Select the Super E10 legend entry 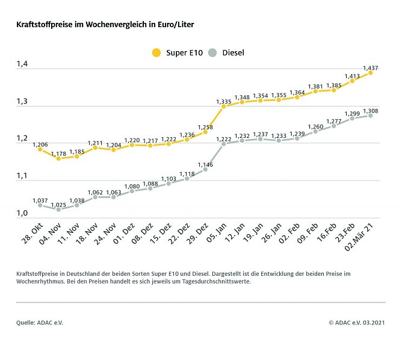178,53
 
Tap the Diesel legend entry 226,53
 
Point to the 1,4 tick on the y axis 22,64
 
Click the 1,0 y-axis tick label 22,213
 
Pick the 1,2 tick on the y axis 22,138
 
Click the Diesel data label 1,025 58,205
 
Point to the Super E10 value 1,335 224,101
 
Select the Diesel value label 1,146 205,164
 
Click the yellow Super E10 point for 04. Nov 58,158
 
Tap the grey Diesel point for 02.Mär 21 370,115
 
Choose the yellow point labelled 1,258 205,131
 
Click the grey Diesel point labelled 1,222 224,144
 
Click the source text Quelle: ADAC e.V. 40,323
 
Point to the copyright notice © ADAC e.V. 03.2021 357,323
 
